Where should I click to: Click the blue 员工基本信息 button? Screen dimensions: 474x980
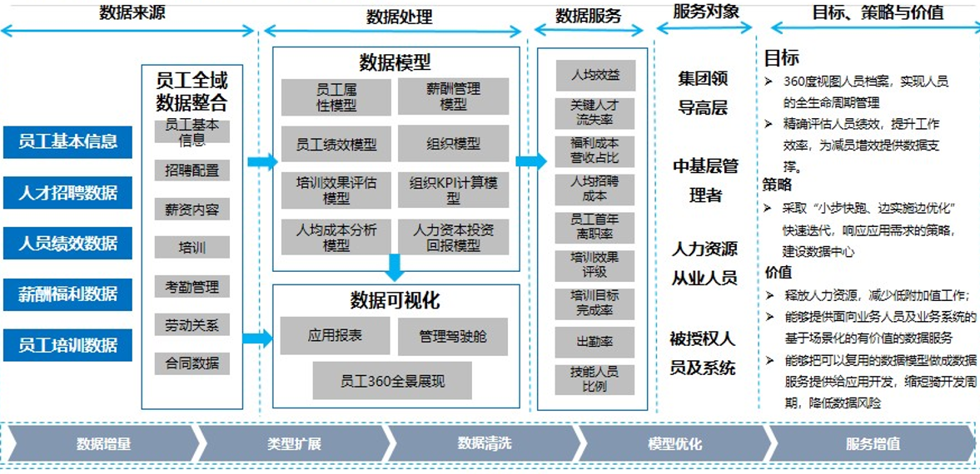[x=67, y=141]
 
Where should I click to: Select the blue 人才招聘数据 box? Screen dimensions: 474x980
[x=67, y=193]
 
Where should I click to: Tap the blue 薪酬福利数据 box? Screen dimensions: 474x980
[x=67, y=294]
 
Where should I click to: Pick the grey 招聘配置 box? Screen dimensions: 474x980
[x=192, y=170]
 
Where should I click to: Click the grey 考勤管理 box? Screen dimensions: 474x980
[x=192, y=287]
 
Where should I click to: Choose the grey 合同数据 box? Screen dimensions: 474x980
[x=192, y=363]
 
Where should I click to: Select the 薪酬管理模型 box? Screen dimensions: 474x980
[x=453, y=96]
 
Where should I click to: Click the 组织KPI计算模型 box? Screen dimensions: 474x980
[x=453, y=190]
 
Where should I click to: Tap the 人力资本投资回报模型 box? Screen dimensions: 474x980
[x=453, y=237]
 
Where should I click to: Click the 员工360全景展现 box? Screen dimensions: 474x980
[x=392, y=381]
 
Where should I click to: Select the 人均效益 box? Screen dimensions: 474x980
[x=594, y=75]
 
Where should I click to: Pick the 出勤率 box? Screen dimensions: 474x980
[x=594, y=341]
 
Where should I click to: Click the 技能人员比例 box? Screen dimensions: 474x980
[x=594, y=379]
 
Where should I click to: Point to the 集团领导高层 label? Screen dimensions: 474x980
[x=703, y=92]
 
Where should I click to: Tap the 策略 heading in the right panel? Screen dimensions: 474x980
[x=778, y=185]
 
